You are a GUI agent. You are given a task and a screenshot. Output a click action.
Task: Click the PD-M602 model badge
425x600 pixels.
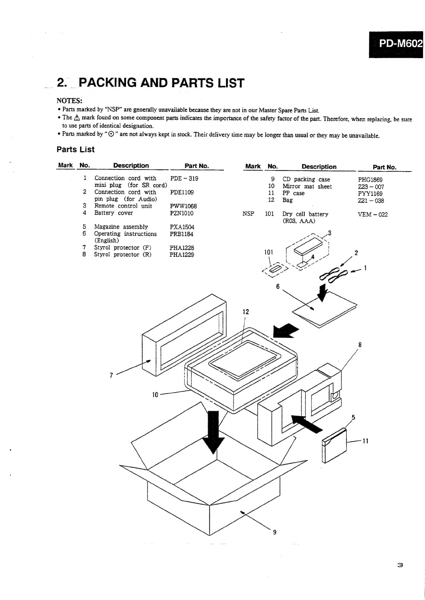coord(396,44)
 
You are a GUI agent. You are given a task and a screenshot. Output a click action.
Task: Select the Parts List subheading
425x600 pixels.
coord(75,149)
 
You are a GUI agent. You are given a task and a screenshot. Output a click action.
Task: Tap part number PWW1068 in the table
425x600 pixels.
coord(183,206)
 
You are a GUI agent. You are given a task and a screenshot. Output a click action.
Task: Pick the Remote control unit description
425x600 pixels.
coord(123,206)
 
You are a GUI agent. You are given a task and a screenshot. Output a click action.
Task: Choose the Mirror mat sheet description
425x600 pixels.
coord(307,186)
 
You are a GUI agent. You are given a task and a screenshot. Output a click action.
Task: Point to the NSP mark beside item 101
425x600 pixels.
coord(248,214)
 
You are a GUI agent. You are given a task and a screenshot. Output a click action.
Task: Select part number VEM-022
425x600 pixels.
coord(373,214)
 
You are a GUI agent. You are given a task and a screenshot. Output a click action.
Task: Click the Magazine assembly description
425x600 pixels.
coord(121,227)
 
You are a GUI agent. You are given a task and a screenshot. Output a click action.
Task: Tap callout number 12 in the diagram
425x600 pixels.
coord(246,312)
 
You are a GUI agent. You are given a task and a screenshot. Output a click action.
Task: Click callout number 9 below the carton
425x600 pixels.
coord(274,533)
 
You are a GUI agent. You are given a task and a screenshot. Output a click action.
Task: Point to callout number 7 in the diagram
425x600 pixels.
coord(111,375)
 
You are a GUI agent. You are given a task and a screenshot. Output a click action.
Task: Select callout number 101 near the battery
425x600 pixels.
coord(268,252)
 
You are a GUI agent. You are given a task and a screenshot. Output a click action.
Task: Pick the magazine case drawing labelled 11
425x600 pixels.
coord(334,446)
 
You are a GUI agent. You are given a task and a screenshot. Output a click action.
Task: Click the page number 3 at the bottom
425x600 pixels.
coord(400,565)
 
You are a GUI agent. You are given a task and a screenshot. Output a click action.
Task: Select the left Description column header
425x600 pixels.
coord(131,165)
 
